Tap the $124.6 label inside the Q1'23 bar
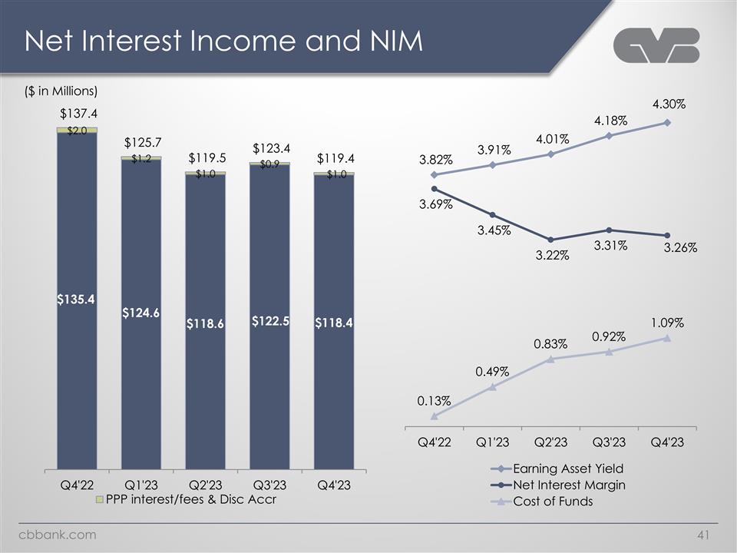140,313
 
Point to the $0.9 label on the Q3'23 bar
269,164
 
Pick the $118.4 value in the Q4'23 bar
333,323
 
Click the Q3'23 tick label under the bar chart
269,485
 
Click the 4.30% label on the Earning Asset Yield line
669,103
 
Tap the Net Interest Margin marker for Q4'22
435,188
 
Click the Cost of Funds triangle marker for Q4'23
667,338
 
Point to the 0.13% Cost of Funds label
434,400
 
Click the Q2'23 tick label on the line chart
551,443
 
